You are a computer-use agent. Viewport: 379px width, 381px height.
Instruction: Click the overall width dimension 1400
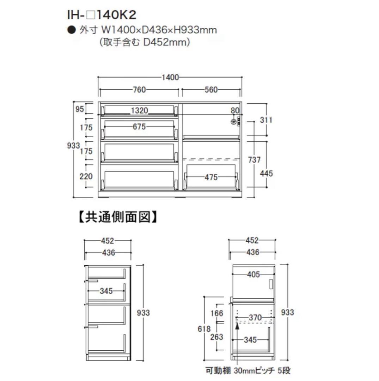pos(170,77)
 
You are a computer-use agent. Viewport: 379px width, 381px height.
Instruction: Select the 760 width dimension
pos(139,90)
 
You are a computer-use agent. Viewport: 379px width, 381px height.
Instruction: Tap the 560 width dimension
pos(211,90)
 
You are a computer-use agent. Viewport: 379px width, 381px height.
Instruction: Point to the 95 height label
pos(80,109)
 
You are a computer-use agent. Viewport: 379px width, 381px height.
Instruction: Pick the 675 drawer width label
pos(139,127)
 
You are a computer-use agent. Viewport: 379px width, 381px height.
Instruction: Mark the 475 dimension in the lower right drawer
pos(212,177)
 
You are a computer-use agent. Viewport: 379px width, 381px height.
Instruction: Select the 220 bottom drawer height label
pos(86,176)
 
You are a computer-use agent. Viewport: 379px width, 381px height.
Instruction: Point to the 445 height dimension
pos(267,173)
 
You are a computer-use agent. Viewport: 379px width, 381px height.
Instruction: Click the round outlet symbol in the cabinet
pos(233,122)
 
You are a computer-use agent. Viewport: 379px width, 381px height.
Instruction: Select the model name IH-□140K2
pos(102,15)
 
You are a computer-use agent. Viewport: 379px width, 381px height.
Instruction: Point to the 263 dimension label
pos(216,337)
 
